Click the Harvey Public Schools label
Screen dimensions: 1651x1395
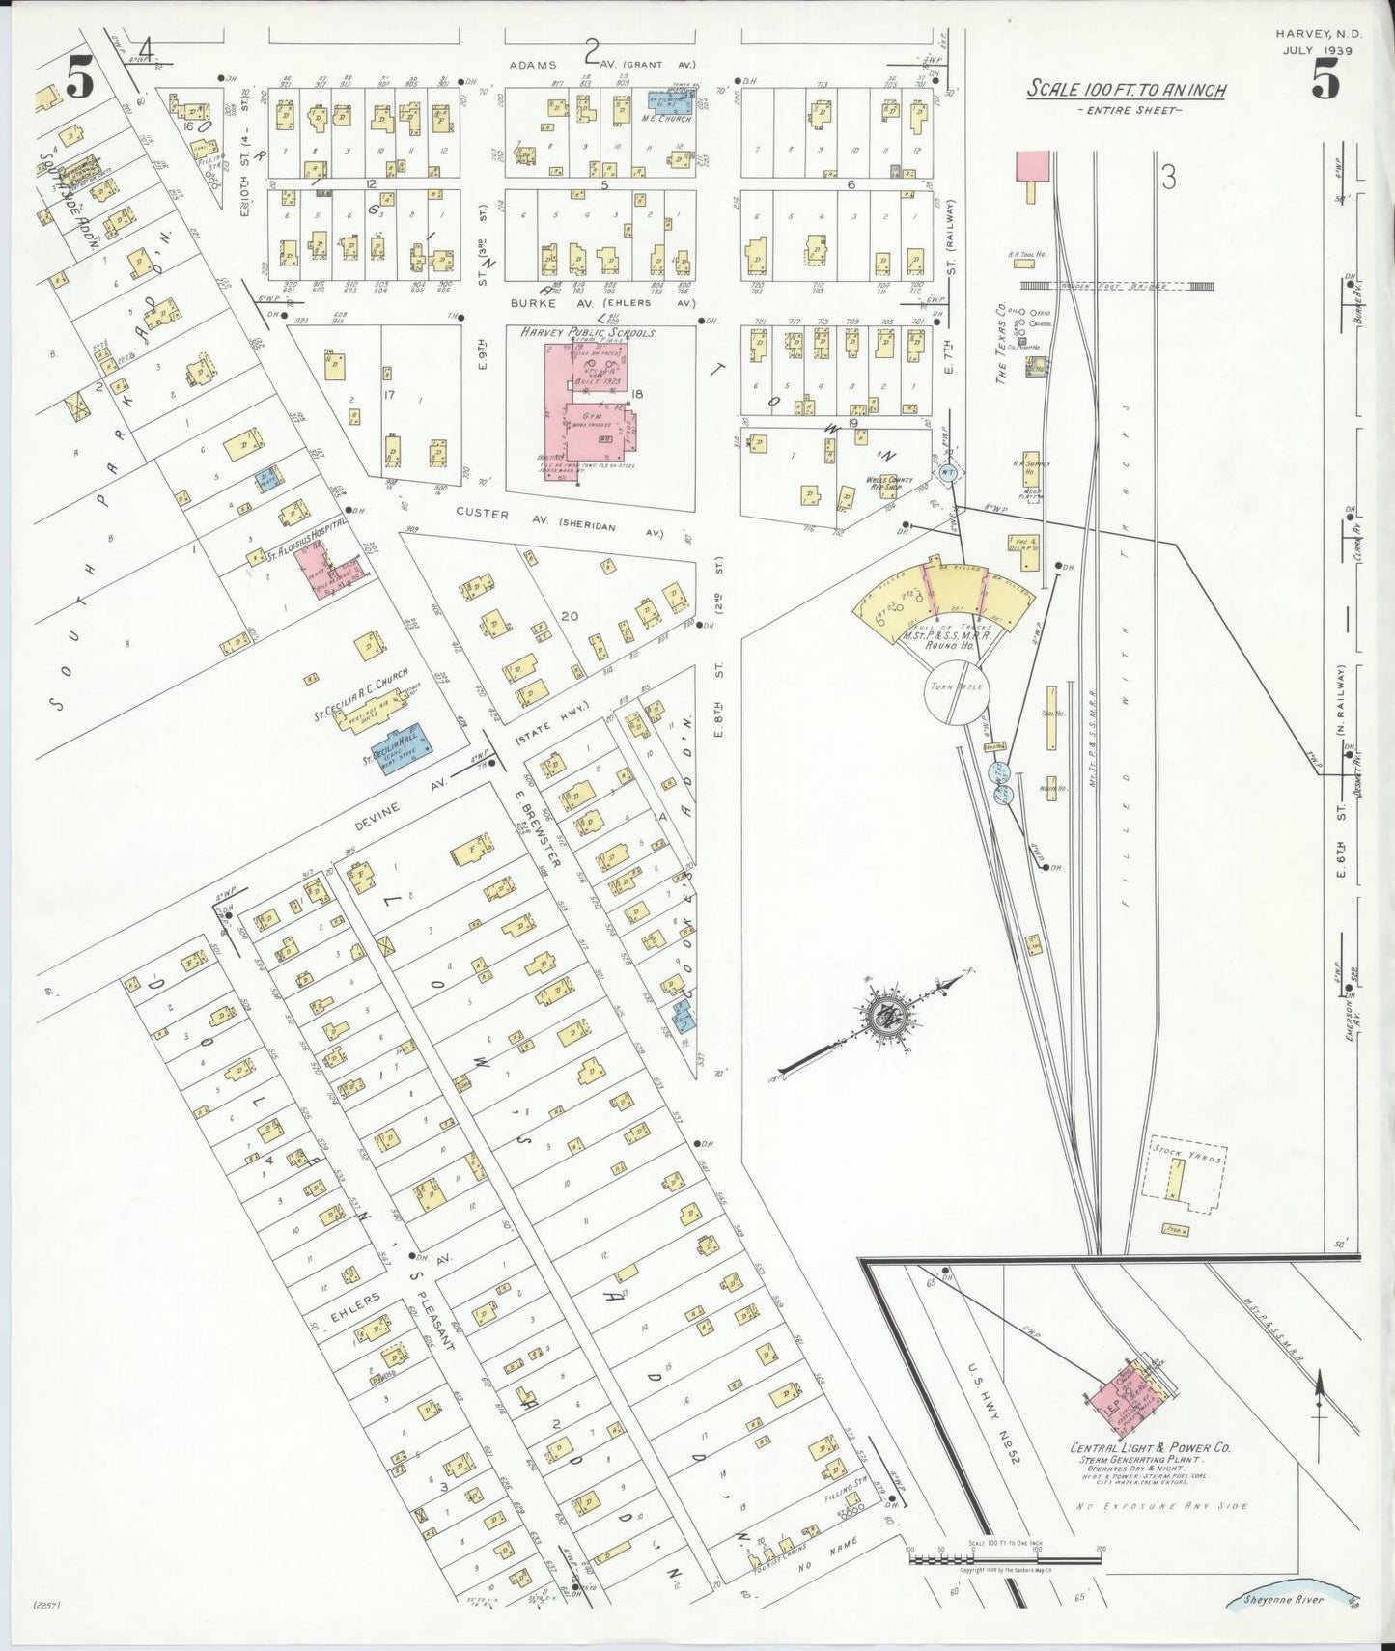coord(587,332)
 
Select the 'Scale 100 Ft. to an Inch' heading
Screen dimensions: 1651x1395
coord(1126,90)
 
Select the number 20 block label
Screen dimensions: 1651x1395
coord(570,615)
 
